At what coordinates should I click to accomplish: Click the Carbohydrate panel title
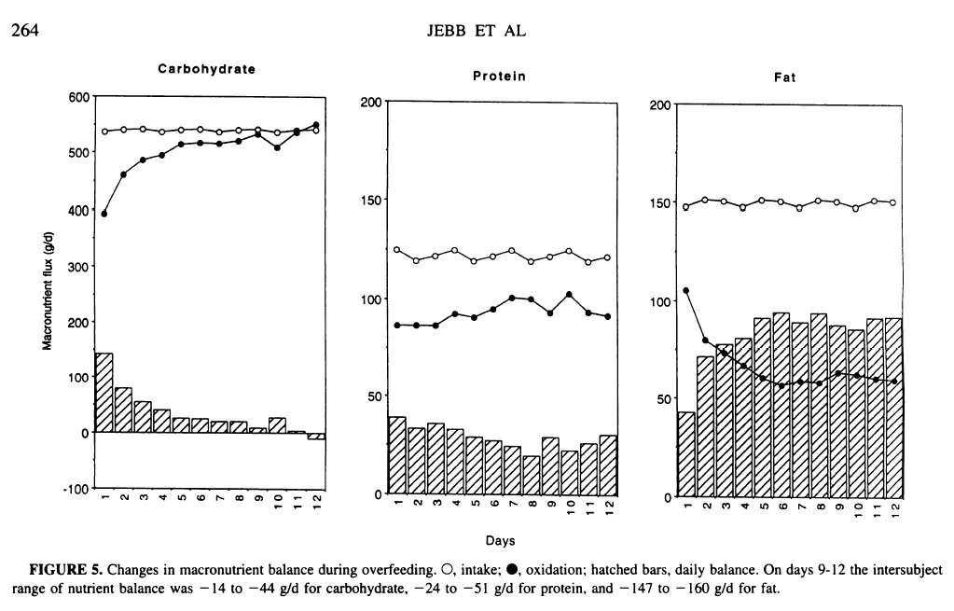click(x=206, y=69)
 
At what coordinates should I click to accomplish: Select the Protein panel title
click(x=499, y=76)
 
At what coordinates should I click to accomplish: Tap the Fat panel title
click(x=784, y=78)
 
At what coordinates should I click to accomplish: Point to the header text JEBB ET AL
click(x=477, y=31)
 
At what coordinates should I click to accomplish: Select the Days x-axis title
click(x=500, y=540)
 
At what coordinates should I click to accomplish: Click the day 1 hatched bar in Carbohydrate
click(x=104, y=393)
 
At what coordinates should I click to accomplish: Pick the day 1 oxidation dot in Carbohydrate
click(x=104, y=214)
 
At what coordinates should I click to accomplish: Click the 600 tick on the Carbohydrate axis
click(x=79, y=97)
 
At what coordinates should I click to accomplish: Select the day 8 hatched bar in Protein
click(x=531, y=474)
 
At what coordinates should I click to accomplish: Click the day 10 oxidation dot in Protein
click(x=569, y=295)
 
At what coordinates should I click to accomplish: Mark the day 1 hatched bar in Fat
click(x=686, y=453)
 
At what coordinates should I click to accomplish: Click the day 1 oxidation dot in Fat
click(x=686, y=291)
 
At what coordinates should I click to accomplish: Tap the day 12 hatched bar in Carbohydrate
click(x=316, y=436)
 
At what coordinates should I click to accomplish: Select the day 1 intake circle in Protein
click(x=397, y=250)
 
